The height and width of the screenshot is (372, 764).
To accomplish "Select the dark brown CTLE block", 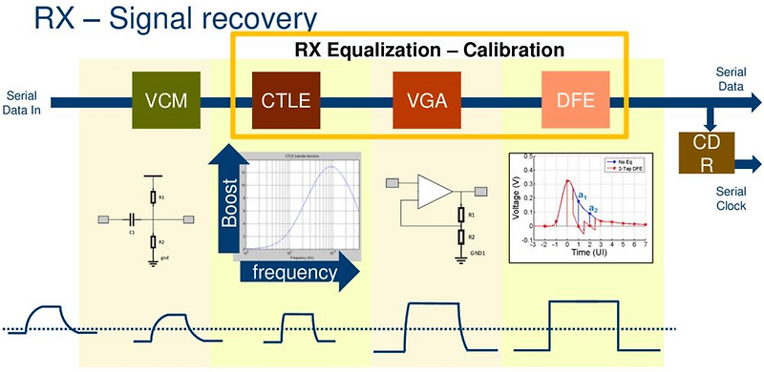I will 286,100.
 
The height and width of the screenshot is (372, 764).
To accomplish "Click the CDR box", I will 702,154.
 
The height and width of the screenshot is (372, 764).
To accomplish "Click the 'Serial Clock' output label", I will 735,197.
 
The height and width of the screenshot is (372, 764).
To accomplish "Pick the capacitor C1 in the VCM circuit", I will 132,219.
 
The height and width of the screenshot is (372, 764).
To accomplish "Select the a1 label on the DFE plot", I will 579,195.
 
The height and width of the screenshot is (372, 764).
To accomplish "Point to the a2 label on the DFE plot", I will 593,208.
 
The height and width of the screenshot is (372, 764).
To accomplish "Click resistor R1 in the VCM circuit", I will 152,197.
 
